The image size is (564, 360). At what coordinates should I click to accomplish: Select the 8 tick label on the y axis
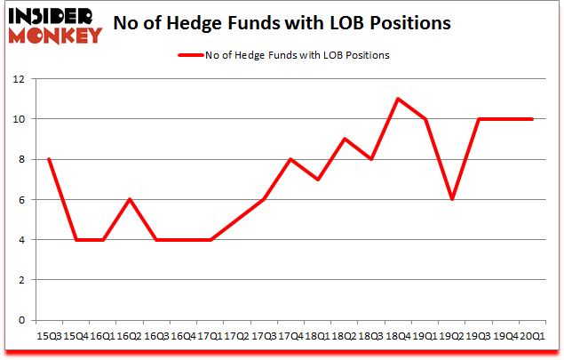[x=19, y=159]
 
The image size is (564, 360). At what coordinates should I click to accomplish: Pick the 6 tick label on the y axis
[x=19, y=199]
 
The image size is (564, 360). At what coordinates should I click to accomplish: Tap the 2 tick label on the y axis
[x=19, y=280]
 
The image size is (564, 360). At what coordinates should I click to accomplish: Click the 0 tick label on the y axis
[x=19, y=320]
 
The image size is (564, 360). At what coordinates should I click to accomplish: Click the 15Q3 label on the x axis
[x=48, y=336]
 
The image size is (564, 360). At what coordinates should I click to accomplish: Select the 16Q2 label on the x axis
[x=129, y=336]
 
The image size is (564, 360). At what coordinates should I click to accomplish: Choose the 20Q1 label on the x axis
[x=532, y=336]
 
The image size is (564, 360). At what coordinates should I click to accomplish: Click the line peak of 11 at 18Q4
[x=398, y=99]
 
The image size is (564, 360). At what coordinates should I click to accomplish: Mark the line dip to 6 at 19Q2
[x=452, y=199]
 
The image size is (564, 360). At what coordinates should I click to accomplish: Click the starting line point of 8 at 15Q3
[x=48, y=159]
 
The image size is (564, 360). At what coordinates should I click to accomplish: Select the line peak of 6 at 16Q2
[x=129, y=199]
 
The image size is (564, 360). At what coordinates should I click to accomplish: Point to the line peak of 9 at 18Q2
[x=345, y=139]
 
